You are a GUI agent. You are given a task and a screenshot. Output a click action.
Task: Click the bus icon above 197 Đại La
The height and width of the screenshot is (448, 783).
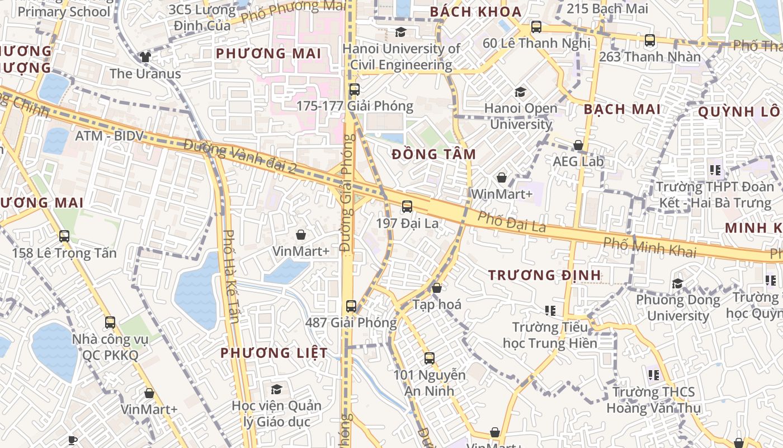pyautogui.click(x=407, y=207)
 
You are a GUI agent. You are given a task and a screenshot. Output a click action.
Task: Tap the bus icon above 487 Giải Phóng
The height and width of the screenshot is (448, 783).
pyautogui.click(x=351, y=306)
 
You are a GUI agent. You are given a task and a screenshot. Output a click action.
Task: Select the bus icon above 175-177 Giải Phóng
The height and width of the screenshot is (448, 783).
pyautogui.click(x=354, y=90)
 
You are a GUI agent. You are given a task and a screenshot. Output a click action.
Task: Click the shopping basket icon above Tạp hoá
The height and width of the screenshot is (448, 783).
pyautogui.click(x=437, y=288)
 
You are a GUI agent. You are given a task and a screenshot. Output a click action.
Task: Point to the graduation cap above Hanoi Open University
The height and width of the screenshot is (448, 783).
pyautogui.click(x=521, y=92)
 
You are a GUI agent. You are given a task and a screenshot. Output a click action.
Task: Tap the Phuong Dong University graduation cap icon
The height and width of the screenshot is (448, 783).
pyautogui.click(x=678, y=283)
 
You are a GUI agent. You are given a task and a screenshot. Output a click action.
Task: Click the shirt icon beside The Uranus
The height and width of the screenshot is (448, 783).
pyautogui.click(x=145, y=57)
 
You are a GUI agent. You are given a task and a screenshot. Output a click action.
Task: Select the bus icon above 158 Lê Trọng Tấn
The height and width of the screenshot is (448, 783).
pyautogui.click(x=64, y=236)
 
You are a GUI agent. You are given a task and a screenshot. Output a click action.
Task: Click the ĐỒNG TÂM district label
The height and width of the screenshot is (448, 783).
pyautogui.click(x=434, y=155)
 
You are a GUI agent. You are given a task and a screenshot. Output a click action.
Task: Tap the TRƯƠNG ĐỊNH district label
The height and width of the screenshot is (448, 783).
pyautogui.click(x=545, y=275)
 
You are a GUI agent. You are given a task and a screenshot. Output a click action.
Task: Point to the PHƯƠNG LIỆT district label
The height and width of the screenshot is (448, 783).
pyautogui.click(x=274, y=353)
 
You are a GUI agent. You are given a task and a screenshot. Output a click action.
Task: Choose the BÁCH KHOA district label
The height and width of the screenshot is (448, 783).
pyautogui.click(x=475, y=12)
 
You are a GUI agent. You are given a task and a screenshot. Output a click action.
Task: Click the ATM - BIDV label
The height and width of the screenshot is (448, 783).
pyautogui.click(x=110, y=136)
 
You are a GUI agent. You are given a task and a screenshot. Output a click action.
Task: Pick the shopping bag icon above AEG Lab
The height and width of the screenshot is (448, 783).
pyautogui.click(x=578, y=146)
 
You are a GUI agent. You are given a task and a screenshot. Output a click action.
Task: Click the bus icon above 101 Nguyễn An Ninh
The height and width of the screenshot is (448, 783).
pyautogui.click(x=430, y=358)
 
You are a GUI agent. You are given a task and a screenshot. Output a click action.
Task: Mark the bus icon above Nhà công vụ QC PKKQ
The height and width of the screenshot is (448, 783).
pyautogui.click(x=110, y=323)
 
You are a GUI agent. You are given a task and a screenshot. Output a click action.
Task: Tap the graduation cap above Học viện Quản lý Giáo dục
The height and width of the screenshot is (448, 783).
pyautogui.click(x=276, y=389)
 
